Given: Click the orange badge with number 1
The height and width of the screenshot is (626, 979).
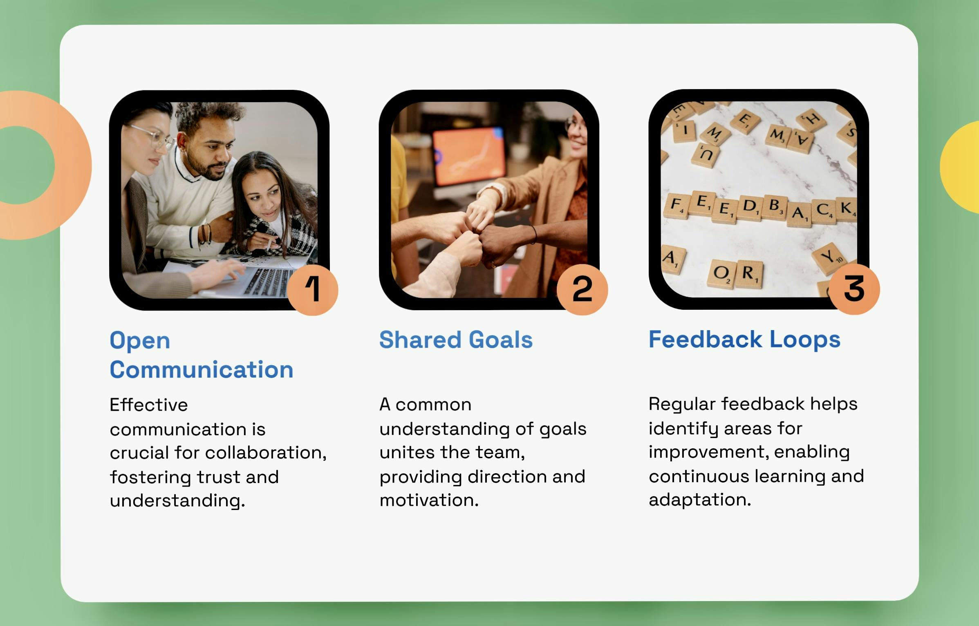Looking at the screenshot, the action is click(313, 290).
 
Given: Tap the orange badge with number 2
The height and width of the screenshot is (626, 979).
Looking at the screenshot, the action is click(582, 289).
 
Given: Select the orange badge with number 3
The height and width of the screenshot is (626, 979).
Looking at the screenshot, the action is click(854, 289).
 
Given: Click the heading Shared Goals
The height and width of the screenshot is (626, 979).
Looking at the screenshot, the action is click(456, 340).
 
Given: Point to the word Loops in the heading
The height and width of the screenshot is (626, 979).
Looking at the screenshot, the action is click(805, 340).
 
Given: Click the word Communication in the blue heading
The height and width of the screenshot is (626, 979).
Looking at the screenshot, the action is click(202, 369).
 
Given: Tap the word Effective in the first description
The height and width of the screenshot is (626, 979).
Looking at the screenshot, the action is click(149, 405).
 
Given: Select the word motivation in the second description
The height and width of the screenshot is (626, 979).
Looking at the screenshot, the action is click(429, 500).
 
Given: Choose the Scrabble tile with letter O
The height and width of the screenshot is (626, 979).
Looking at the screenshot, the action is click(721, 274).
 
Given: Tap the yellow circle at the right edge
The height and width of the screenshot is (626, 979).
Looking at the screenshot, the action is click(960, 167).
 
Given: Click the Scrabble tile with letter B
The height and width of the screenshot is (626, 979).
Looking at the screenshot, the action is click(774, 207).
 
